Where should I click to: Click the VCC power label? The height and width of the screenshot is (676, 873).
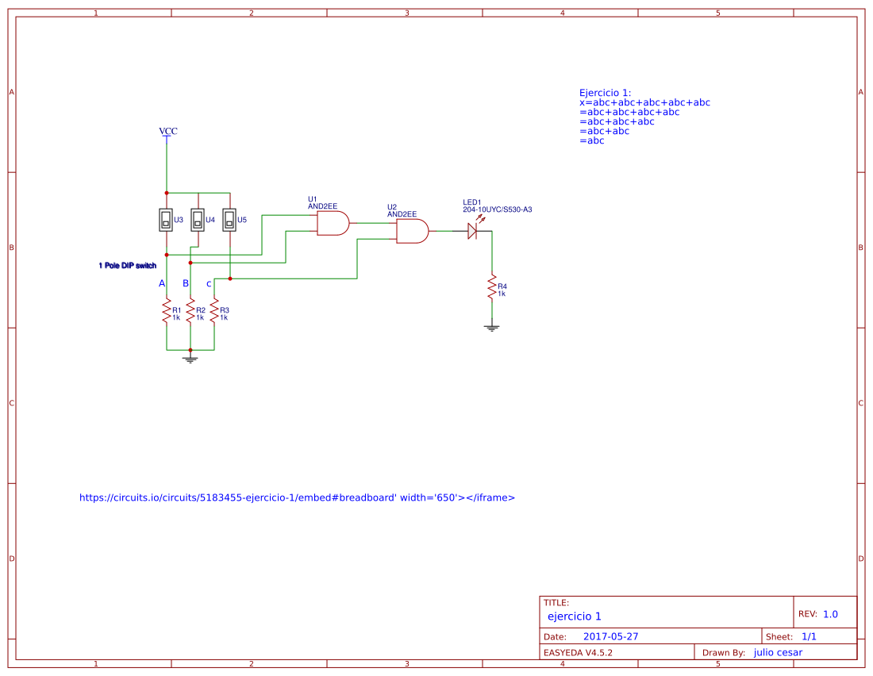coord(167,131)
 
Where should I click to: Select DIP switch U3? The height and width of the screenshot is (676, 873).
coord(166,220)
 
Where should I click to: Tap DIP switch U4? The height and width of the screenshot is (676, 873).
coord(198,220)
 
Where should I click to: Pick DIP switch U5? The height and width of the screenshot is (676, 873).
coord(229,220)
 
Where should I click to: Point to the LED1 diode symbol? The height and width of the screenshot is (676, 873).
coord(472,231)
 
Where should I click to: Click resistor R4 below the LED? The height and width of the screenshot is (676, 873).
coord(492,287)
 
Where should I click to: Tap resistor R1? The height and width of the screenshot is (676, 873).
coord(167,311)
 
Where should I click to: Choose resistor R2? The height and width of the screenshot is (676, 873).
coord(190,311)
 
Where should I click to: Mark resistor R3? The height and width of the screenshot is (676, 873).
coord(214,311)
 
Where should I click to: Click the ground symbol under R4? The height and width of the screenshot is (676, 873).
coord(492,326)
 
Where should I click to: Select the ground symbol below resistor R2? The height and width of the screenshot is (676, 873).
coord(190,359)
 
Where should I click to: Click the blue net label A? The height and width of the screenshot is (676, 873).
coord(162,283)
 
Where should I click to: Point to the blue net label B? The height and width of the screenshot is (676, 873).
coord(186,283)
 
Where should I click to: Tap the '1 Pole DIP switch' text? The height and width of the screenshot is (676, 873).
coord(128,266)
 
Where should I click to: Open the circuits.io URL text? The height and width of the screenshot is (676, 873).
coord(297,498)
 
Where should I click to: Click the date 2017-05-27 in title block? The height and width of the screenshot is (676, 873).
coord(610,636)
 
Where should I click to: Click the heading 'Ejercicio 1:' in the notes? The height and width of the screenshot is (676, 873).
coord(605,93)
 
